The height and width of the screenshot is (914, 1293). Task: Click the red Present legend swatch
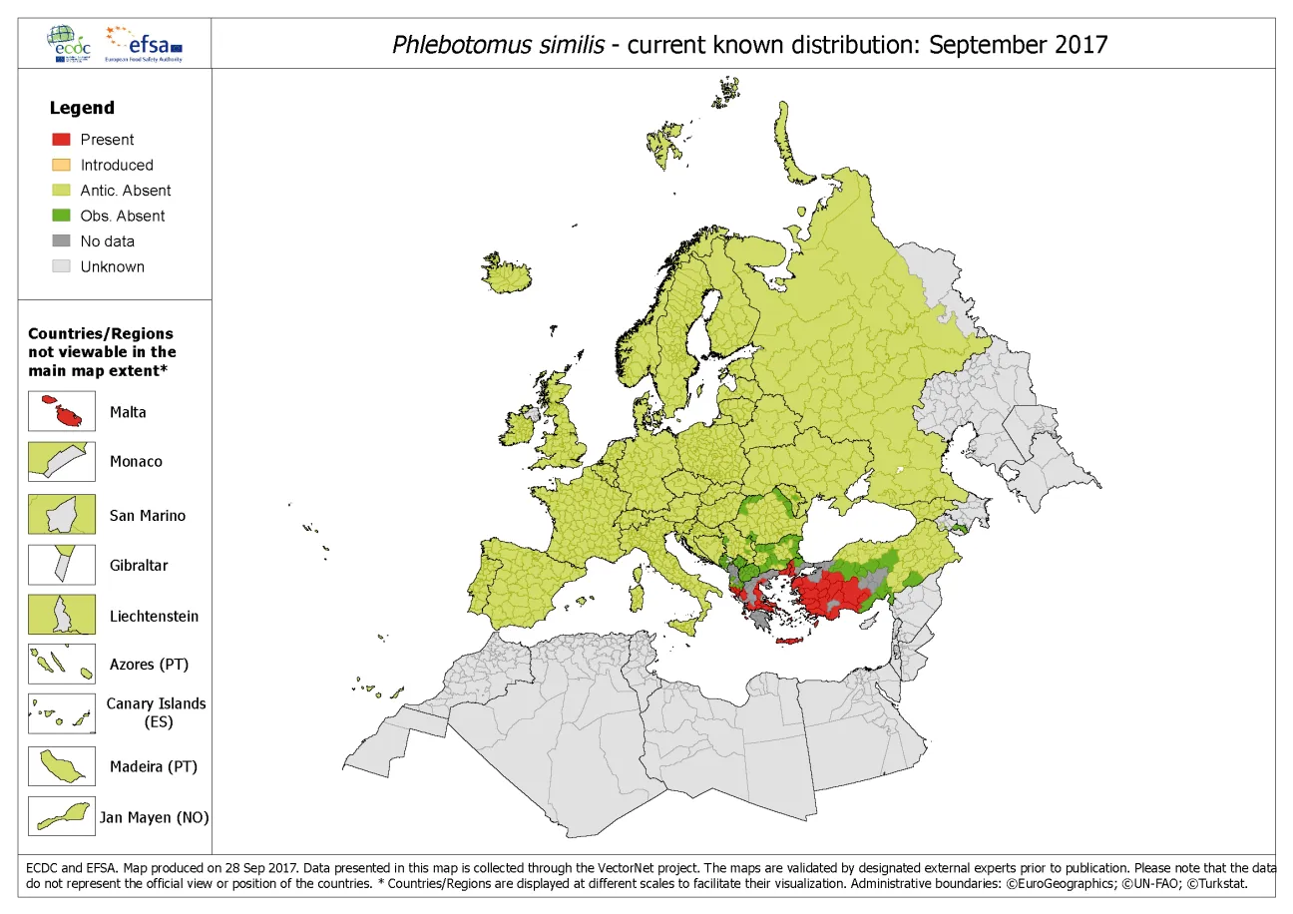point(61,140)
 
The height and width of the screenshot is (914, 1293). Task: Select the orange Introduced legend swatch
point(61,165)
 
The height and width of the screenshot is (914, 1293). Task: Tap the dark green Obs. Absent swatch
point(61,216)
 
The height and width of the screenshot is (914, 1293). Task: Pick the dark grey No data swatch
point(61,241)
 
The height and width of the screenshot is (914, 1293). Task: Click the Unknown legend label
point(112,266)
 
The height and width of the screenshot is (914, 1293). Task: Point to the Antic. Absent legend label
point(125,191)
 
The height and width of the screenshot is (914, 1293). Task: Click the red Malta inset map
point(61,412)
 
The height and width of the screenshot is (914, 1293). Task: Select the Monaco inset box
point(61,462)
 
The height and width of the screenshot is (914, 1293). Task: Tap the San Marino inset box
point(61,515)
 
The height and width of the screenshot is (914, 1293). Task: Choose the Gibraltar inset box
point(61,565)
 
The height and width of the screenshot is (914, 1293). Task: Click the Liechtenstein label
point(154,616)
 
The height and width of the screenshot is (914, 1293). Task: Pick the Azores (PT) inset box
point(61,664)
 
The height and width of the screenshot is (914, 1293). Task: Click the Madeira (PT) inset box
point(61,766)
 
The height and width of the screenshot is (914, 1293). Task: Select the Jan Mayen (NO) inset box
point(61,816)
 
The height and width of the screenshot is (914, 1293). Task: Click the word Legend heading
point(82,108)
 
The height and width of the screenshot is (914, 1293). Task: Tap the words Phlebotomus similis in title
point(498,45)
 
